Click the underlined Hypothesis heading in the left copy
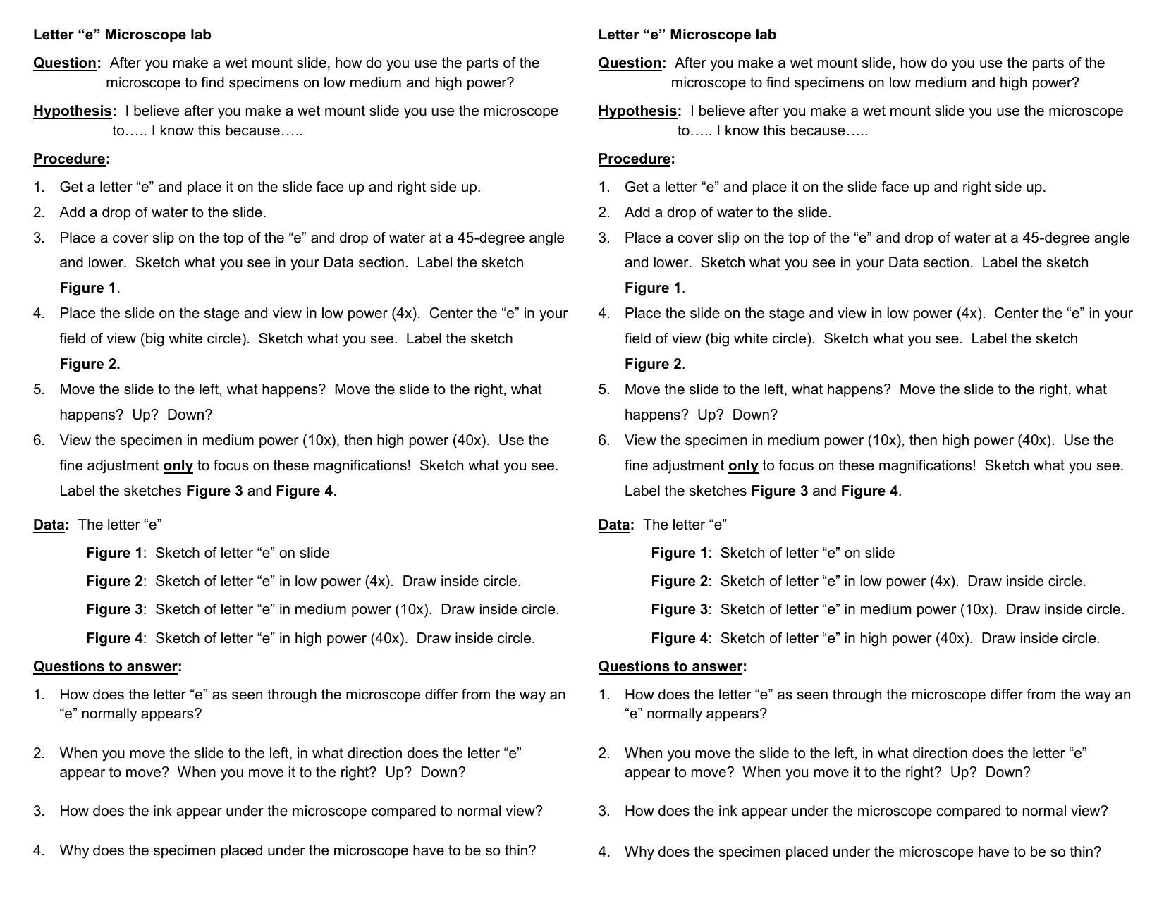(x=73, y=111)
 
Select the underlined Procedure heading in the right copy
(x=635, y=159)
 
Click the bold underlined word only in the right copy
(x=743, y=465)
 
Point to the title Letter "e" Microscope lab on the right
(x=687, y=35)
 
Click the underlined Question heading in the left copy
(x=65, y=63)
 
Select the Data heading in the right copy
(x=614, y=525)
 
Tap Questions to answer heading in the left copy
(x=106, y=666)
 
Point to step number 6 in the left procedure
(x=39, y=440)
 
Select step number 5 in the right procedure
(x=604, y=389)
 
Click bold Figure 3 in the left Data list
(x=114, y=609)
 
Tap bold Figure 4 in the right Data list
(x=679, y=638)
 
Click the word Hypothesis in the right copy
(x=638, y=111)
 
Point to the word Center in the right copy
(x=1016, y=313)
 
